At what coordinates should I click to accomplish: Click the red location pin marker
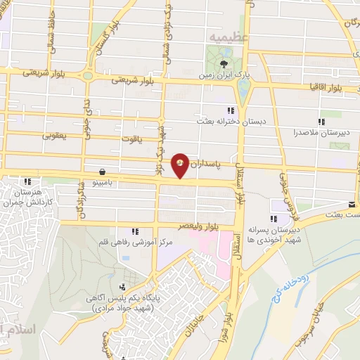[x=181, y=166]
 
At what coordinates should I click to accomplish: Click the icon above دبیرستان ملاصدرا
[x=322, y=121]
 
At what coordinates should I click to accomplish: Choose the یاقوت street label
[x=130, y=139]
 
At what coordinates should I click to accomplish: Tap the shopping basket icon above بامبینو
[x=104, y=171]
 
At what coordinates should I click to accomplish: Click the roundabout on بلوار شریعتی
[x=87, y=75]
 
